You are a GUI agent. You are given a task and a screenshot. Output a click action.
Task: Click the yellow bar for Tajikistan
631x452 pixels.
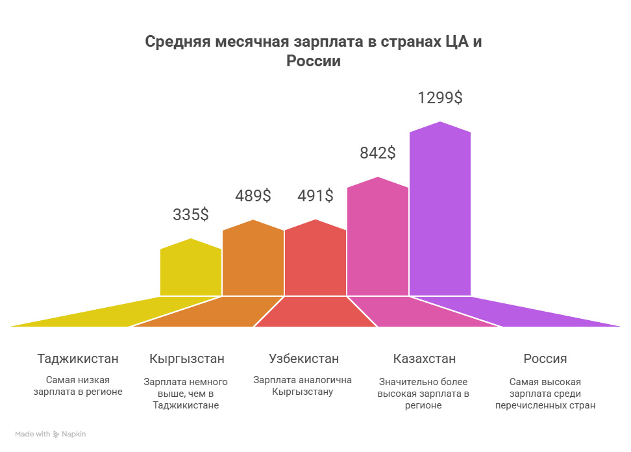coord(191,270)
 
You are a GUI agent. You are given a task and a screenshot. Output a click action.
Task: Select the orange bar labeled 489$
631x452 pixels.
coord(253,260)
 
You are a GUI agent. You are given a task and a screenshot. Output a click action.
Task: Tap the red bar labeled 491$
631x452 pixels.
coord(315,260)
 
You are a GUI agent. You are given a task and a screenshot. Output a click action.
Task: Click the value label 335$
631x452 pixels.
coord(191,215)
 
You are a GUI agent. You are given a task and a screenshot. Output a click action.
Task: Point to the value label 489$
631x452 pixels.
coord(253,195)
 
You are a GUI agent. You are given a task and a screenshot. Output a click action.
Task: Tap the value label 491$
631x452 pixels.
coord(315,195)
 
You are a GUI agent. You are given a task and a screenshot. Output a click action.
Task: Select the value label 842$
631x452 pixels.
coord(378,153)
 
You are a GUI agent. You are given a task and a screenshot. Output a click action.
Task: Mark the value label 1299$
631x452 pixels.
coord(440,98)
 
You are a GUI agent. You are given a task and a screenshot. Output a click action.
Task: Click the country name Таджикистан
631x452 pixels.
coord(78,358)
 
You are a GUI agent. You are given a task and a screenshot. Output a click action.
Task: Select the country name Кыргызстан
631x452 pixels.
coord(187,358)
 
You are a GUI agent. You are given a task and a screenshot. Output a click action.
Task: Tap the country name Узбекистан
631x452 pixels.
coord(304,358)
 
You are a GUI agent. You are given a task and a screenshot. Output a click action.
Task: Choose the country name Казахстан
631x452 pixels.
coord(425,358)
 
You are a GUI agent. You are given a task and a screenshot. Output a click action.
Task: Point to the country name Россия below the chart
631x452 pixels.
coord(545,358)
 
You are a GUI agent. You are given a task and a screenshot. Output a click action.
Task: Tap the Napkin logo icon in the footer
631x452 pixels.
coord(57,434)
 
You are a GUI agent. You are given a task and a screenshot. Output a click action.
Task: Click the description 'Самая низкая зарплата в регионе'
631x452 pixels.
coord(78,386)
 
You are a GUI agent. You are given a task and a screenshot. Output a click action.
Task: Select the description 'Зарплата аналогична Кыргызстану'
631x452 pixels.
coord(303,386)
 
